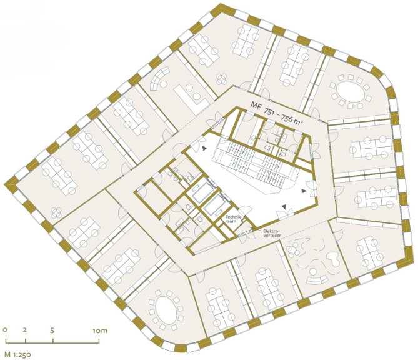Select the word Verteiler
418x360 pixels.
coord(272,236)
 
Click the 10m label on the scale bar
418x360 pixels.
coord(100,331)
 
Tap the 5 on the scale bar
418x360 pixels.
coord(52,331)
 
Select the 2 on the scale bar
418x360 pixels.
coord(25,330)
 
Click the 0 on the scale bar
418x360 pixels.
coord(5,330)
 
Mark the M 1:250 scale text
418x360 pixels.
coord(18,354)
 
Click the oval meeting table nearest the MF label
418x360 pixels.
coord(351,91)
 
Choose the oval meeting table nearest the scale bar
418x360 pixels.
coord(166,310)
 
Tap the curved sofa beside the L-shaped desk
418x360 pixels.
coord(158,78)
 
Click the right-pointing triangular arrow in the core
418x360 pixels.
coord(304,191)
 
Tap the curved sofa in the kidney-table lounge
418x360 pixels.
coord(317,281)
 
